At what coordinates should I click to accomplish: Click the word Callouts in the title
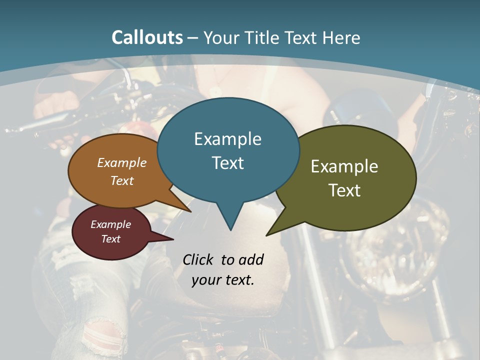point(147,37)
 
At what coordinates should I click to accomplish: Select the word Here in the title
point(341,37)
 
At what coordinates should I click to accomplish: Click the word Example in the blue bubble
point(227,139)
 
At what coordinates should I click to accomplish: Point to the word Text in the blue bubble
point(227,163)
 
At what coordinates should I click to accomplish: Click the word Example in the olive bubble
point(344,166)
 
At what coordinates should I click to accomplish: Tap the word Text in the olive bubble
point(344,190)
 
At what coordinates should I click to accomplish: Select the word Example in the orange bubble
point(122,162)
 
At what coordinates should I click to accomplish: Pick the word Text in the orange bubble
point(122,180)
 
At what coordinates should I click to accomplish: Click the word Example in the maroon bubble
point(110,224)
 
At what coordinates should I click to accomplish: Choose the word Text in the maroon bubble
point(110,239)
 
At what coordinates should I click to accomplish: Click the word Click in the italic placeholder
point(198,259)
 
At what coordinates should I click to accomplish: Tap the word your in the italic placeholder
point(206,280)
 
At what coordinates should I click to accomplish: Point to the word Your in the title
point(220,37)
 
